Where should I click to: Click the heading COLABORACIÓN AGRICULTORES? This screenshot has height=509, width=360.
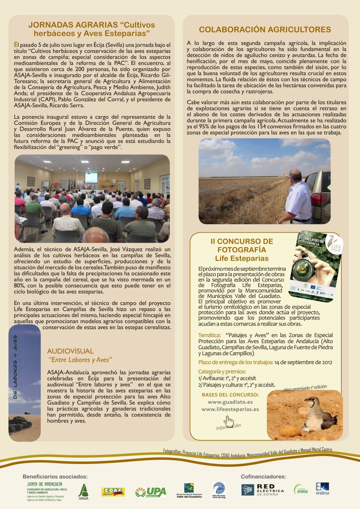tap(265, 30)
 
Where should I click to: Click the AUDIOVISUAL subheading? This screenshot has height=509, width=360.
tap(70, 351)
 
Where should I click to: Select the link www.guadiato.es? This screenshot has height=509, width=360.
tap(230, 402)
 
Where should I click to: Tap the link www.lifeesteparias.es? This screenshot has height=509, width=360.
tap(230, 409)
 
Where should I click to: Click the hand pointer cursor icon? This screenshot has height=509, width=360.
tap(229, 420)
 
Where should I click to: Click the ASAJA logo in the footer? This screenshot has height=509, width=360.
tap(83, 491)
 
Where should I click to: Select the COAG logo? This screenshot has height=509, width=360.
tap(113, 492)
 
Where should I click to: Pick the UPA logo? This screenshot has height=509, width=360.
tap(151, 492)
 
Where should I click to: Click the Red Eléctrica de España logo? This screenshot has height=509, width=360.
tap(263, 490)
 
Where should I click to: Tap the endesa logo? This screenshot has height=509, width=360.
tap(322, 489)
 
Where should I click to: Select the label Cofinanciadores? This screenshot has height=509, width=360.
tap(263, 477)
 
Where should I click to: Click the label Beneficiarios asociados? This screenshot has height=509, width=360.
tap(55, 477)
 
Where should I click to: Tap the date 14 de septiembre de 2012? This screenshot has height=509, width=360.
tap(303, 362)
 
